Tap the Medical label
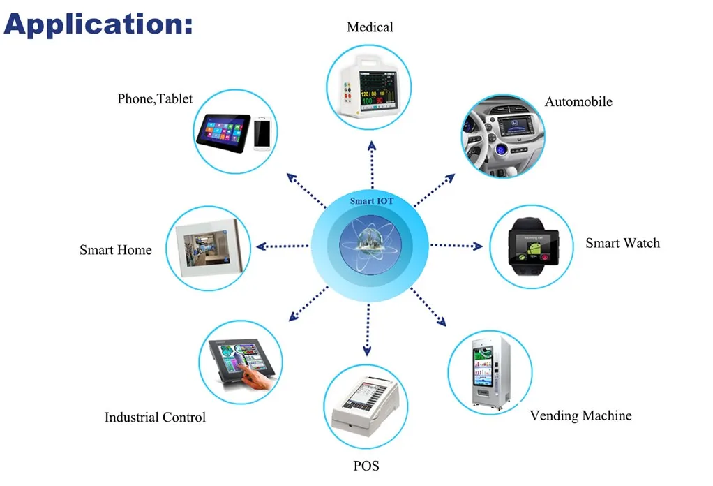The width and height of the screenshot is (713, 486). tap(370, 27)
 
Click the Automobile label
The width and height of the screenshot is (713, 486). tap(578, 102)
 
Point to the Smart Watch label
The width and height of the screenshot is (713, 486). tap(622, 243)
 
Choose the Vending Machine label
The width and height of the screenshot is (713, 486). tap(580, 416)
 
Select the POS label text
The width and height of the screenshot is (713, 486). tap(366, 465)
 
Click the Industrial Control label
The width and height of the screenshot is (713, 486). tap(155, 418)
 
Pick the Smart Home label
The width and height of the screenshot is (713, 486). tap(115, 250)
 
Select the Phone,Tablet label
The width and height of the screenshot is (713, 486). tap(155, 99)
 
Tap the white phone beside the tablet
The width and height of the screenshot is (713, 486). tap(262, 132)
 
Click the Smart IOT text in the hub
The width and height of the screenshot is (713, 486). tap(372, 202)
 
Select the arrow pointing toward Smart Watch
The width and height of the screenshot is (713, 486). tap(456, 246)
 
